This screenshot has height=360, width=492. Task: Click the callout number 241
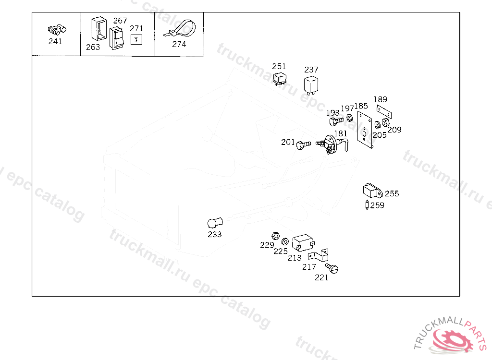click(x=55, y=41)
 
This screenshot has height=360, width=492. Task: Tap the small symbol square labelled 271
click(x=137, y=40)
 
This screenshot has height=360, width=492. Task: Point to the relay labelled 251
click(x=279, y=78)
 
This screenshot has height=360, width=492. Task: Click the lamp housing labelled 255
click(x=372, y=192)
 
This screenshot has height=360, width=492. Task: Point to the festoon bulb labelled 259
click(x=368, y=205)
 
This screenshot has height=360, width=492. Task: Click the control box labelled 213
click(x=303, y=242)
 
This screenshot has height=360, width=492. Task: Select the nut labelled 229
click(x=275, y=236)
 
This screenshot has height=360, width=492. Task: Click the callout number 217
click(x=309, y=267)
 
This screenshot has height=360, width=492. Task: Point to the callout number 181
click(x=341, y=133)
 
